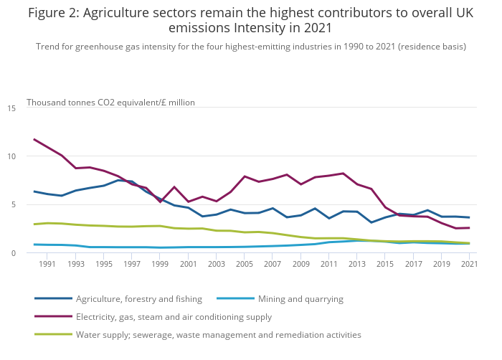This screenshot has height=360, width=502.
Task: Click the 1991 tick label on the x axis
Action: (x=47, y=265)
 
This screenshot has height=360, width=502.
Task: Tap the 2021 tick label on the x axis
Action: (x=469, y=265)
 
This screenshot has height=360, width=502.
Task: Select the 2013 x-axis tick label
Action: (x=356, y=265)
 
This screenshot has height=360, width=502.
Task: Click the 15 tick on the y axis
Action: (x=11, y=108)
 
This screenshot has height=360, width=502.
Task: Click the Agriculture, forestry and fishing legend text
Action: (x=139, y=298)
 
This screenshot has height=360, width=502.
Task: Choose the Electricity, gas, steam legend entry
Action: (x=174, y=316)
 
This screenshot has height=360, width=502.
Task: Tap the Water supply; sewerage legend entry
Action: (x=218, y=334)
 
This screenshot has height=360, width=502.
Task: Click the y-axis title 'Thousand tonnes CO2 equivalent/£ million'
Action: (x=110, y=103)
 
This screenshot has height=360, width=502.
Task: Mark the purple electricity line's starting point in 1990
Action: (x=34, y=139)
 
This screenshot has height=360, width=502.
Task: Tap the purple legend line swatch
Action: (x=53, y=316)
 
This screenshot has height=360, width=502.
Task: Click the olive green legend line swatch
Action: (x=53, y=334)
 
